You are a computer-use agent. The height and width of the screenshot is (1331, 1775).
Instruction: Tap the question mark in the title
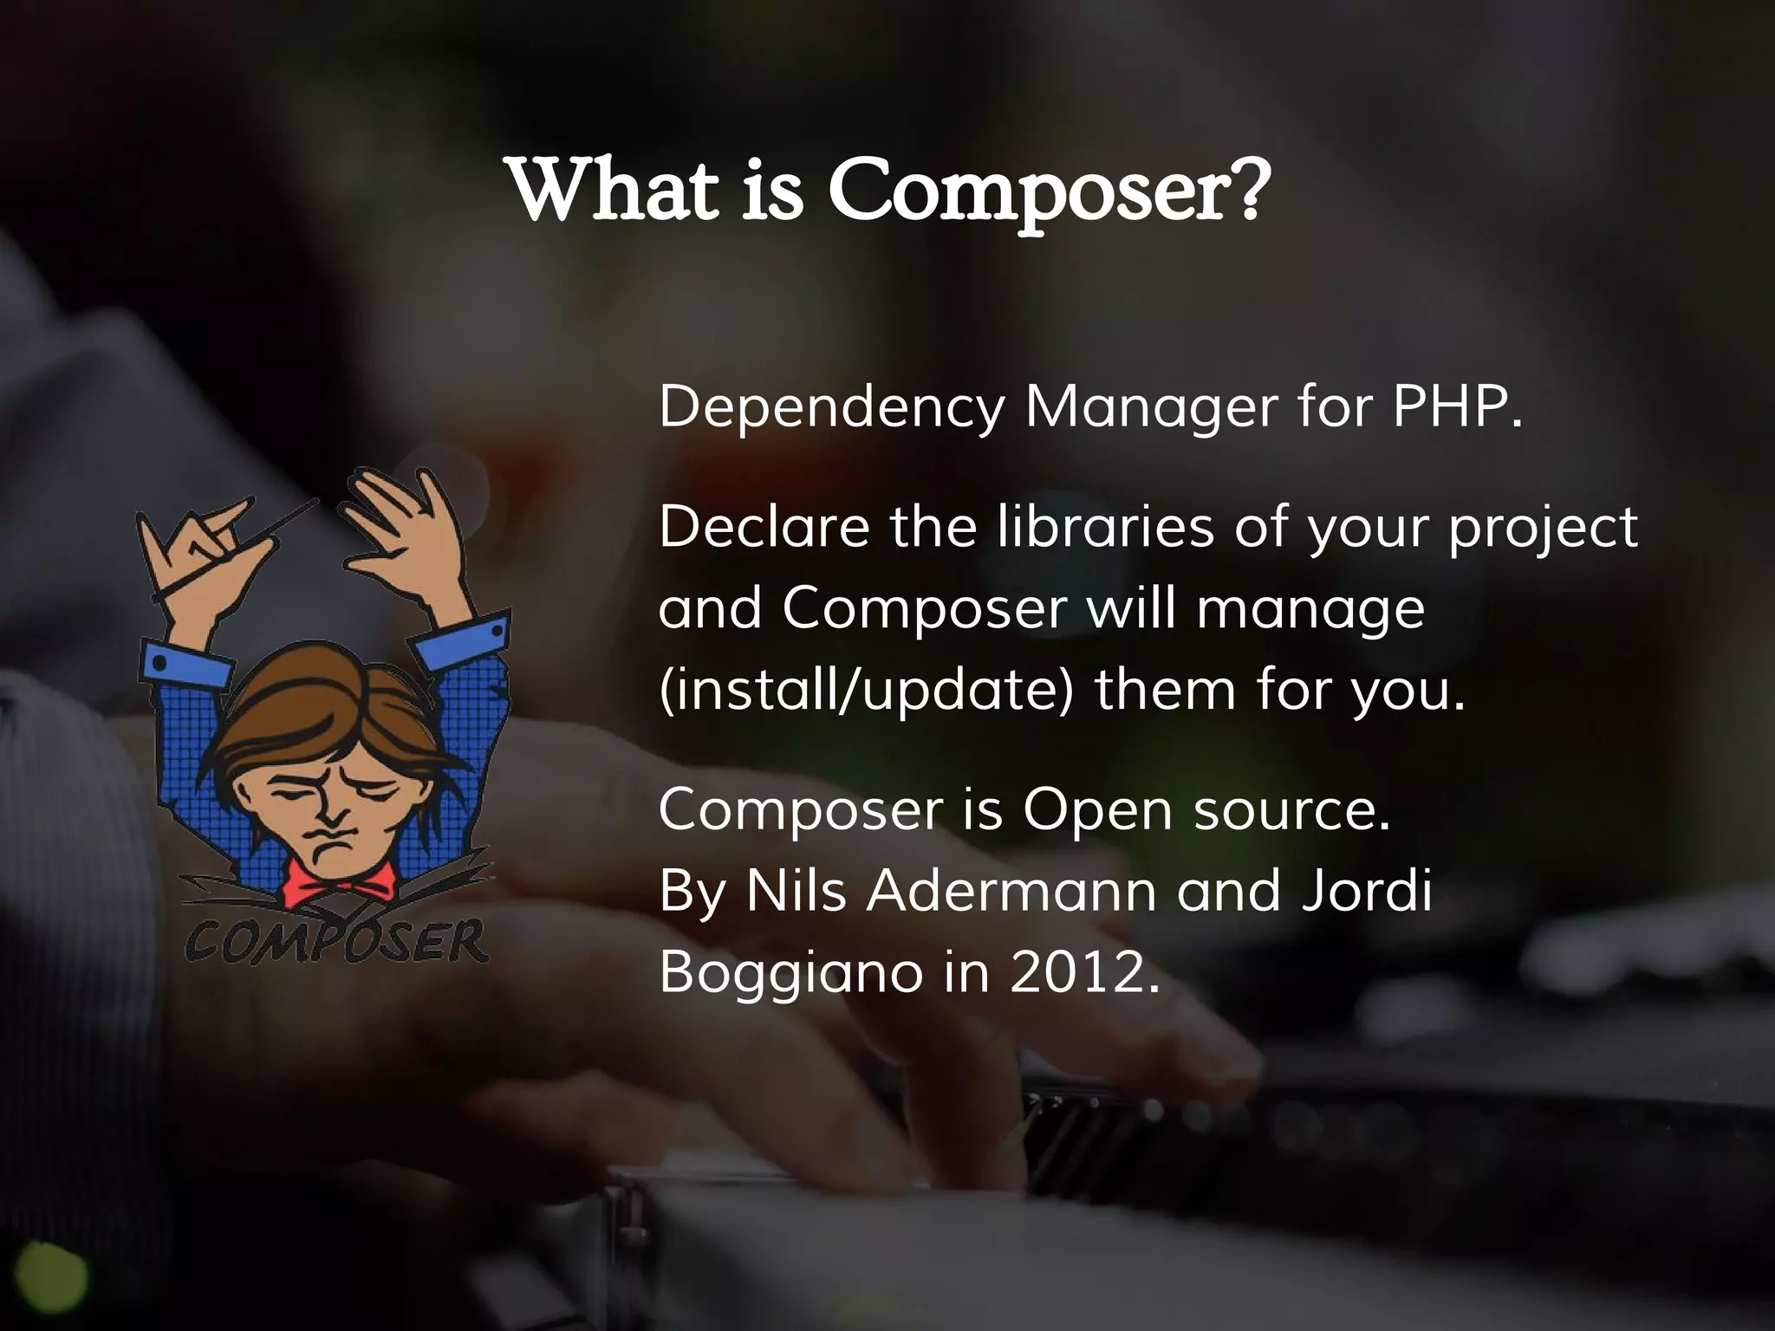pos(1241,189)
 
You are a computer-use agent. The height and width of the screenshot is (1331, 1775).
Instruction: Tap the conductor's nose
pos(332,810)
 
